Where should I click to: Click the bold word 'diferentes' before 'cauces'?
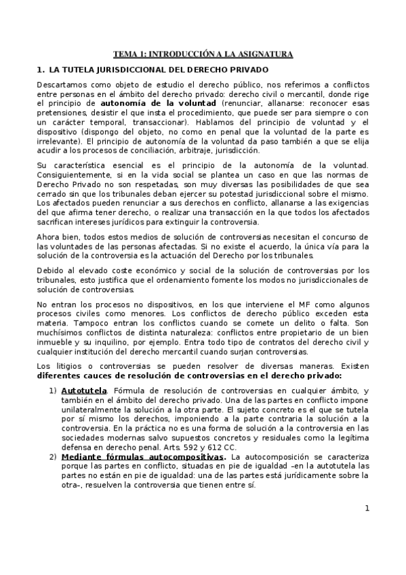click(62, 376)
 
